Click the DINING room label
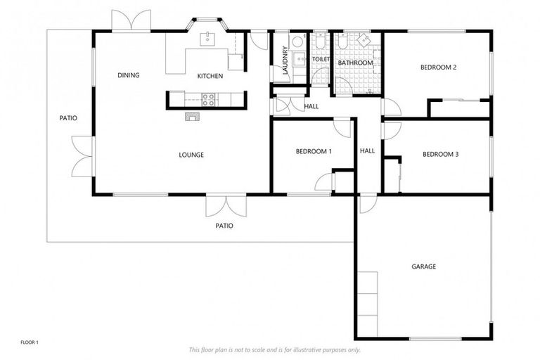[x=129, y=75]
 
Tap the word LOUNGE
[x=191, y=155]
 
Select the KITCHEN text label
[x=210, y=76]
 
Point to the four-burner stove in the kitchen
[x=209, y=99]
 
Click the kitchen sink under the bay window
[x=208, y=39]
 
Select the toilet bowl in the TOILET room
[x=319, y=44]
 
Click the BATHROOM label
[x=355, y=63]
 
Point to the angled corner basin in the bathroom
[x=364, y=40]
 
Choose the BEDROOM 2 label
[x=439, y=67]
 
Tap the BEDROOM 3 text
[x=440, y=154]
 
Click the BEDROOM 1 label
[x=314, y=151]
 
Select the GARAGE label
[x=423, y=266]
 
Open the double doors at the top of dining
[x=131, y=22]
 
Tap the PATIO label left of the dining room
[x=68, y=118]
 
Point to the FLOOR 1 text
[x=29, y=342]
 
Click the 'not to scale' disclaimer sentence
[x=274, y=349]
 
